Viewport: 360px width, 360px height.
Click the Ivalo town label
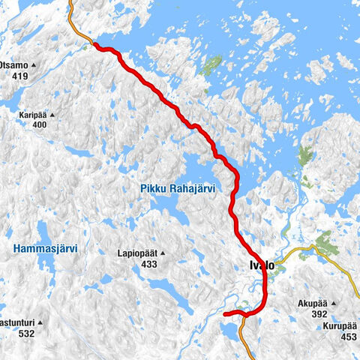260,266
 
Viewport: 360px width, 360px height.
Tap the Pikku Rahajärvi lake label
177,189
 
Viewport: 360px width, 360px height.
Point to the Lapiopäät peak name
136,253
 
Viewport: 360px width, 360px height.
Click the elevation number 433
148,264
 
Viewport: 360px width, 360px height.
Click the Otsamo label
16,66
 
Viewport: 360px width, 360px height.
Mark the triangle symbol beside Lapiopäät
162,253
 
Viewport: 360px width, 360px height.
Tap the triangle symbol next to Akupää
334,304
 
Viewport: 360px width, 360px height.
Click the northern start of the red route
95,46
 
